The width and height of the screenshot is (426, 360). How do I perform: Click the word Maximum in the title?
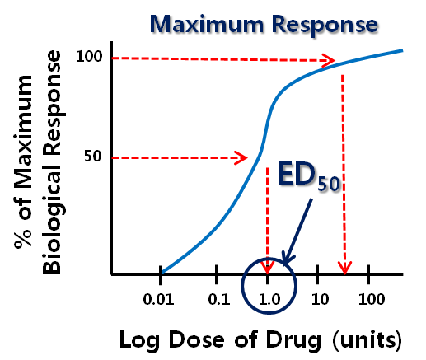207,24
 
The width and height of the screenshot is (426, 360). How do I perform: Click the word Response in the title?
325,26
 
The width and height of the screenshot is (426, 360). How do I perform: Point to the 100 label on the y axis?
89,57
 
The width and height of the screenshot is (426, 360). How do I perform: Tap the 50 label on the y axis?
93,157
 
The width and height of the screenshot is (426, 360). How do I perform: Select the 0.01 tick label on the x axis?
159,299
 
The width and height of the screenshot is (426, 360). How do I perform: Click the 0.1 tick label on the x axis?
219,299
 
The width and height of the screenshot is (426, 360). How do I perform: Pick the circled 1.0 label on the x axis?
269,299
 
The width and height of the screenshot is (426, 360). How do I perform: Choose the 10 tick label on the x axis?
320,299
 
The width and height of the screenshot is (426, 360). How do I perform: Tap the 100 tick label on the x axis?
372,299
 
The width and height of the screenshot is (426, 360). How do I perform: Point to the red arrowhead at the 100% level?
328,60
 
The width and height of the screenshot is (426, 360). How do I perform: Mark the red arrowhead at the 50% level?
241,158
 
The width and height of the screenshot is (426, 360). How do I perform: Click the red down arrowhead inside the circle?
268,267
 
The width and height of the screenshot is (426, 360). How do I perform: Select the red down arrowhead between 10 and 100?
344,267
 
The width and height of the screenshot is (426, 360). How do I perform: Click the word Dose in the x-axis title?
196,339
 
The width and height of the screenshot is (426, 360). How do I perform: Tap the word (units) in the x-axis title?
367,340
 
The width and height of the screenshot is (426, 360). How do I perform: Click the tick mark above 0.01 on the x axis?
161,274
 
